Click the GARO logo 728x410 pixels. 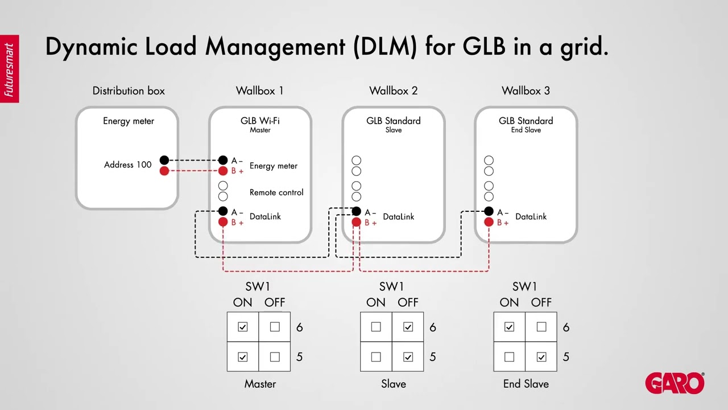coord(675,383)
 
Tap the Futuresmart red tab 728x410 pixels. coord(9,69)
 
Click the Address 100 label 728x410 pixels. coord(127,165)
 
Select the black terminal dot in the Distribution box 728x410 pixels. coord(164,160)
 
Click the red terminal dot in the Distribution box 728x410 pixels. coord(164,171)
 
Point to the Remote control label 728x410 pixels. coord(276,192)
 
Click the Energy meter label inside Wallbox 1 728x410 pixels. coord(273,166)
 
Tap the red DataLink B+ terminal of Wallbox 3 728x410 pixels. coord(489,222)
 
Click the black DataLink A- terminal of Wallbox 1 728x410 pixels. coord(223,211)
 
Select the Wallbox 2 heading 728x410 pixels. coord(393,91)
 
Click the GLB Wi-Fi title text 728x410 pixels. coord(260,121)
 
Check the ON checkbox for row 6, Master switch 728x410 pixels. coord(243,327)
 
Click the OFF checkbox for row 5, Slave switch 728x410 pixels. coord(408,357)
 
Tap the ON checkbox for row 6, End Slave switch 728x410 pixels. coord(509,327)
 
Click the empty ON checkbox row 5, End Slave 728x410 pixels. coord(509,357)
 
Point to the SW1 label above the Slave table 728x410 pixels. coord(391,286)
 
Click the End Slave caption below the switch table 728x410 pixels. coord(526,384)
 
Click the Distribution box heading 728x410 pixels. coord(129,91)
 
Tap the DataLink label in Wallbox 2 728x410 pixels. coord(398,216)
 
